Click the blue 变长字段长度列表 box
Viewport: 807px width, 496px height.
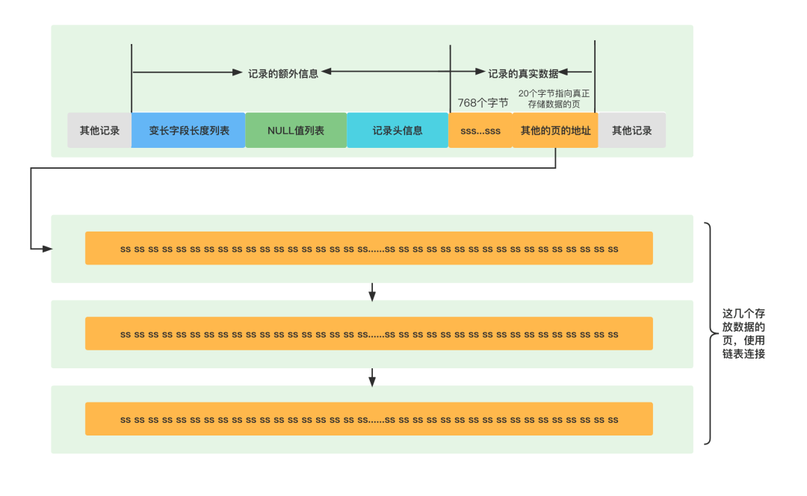click(188, 131)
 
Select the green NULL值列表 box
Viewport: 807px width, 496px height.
click(296, 131)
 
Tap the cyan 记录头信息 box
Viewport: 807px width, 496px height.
click(398, 131)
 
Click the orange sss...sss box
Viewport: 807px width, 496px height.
click(480, 131)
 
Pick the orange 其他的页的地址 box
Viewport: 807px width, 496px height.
click(555, 131)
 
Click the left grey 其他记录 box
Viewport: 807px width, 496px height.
click(99, 131)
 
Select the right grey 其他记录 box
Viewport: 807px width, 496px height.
click(632, 131)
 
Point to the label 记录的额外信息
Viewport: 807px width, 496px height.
click(283, 73)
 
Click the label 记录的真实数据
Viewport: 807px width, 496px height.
click(523, 73)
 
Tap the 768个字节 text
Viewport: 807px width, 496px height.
click(483, 103)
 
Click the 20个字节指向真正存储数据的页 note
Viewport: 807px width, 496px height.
click(554, 99)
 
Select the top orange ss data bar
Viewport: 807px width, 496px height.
click(369, 248)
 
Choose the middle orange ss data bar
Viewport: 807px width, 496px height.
click(369, 334)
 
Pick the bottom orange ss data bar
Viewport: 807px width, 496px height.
click(369, 419)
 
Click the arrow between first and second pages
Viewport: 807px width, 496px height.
click(372, 292)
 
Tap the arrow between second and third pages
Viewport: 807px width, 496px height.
click(372, 377)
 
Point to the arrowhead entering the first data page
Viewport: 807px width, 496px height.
click(48, 248)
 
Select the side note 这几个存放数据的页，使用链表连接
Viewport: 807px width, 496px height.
click(743, 333)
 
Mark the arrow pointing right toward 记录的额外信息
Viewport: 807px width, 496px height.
click(187, 72)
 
